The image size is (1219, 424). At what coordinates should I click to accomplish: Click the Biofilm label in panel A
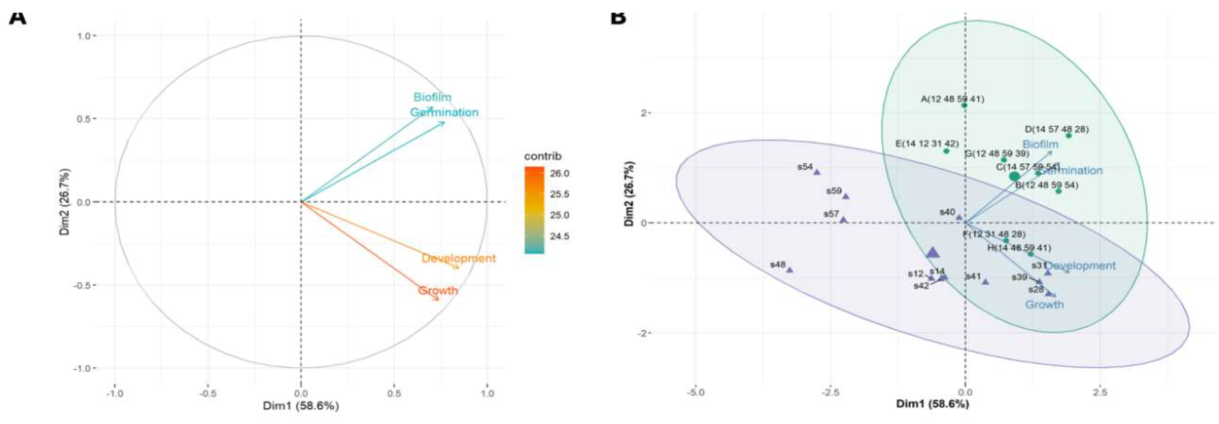432,97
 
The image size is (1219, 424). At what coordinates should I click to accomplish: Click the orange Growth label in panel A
438,290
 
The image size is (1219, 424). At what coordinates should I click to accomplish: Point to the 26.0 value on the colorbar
559,174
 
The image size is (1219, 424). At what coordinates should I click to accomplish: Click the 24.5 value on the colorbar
559,236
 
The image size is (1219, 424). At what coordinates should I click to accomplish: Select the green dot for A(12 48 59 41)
964,105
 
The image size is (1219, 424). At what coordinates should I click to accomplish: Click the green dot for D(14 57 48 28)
1068,136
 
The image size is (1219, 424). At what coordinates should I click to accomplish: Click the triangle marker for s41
985,282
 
